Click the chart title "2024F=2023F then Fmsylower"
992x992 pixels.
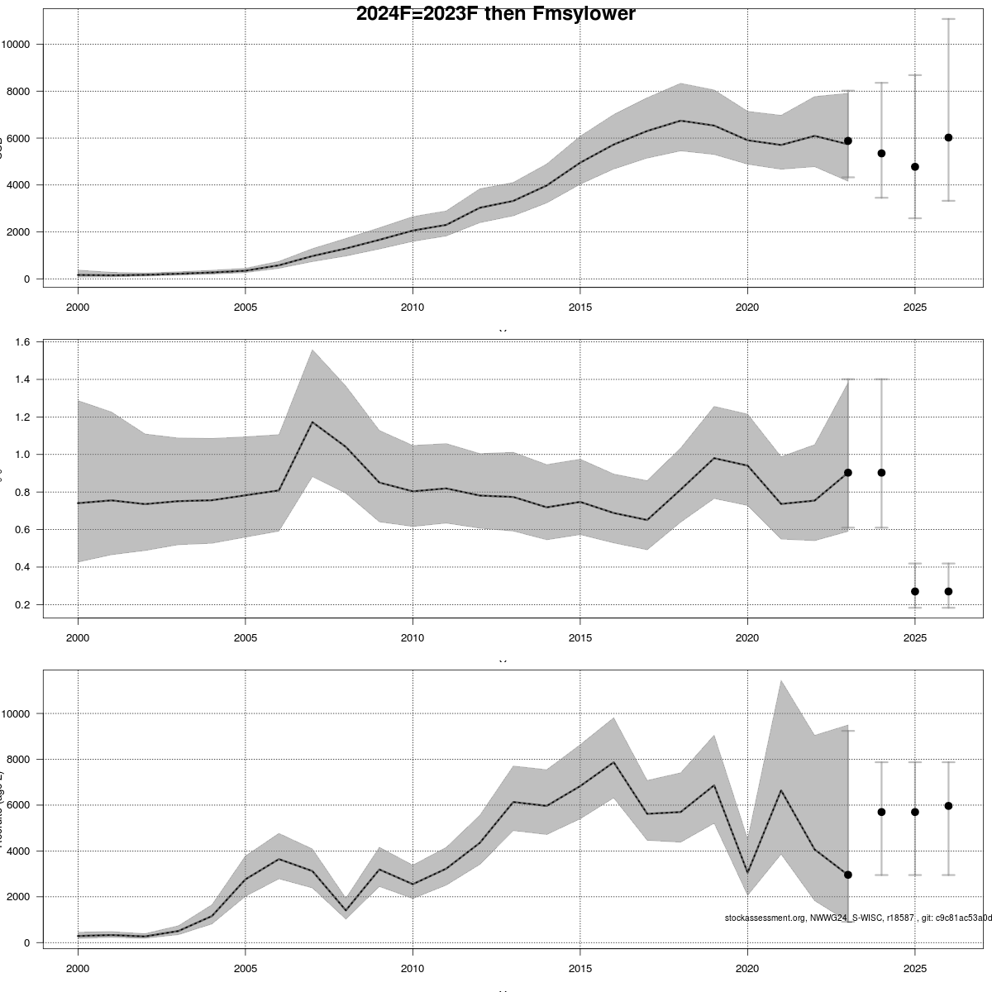(x=495, y=14)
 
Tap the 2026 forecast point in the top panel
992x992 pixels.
(x=948, y=137)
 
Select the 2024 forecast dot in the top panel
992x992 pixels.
(x=881, y=153)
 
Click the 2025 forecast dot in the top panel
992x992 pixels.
(x=915, y=167)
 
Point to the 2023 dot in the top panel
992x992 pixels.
(x=848, y=141)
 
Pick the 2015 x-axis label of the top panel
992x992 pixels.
(x=579, y=307)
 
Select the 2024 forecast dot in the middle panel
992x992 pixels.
(x=881, y=473)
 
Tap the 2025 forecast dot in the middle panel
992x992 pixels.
(x=915, y=591)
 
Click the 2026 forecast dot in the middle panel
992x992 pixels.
(x=948, y=591)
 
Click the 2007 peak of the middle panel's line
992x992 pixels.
(x=312, y=422)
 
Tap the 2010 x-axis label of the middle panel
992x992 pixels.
(x=413, y=637)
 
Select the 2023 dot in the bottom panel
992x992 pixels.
(x=848, y=875)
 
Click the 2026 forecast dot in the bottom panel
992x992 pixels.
(x=948, y=805)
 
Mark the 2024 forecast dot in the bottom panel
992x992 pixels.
(x=881, y=812)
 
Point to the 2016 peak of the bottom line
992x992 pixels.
(x=613, y=762)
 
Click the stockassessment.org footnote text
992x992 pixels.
(x=857, y=918)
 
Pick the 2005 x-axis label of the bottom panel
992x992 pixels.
(x=245, y=968)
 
